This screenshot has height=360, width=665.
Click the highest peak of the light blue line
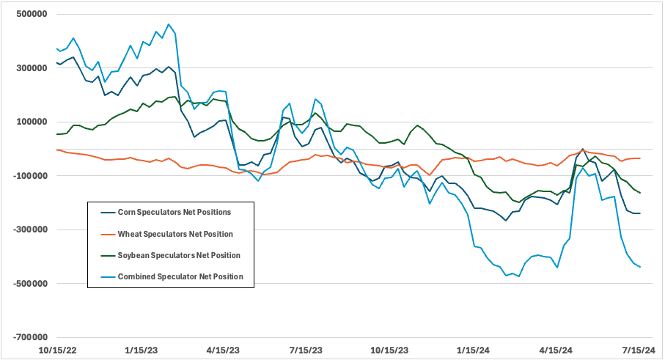point(169,24)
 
